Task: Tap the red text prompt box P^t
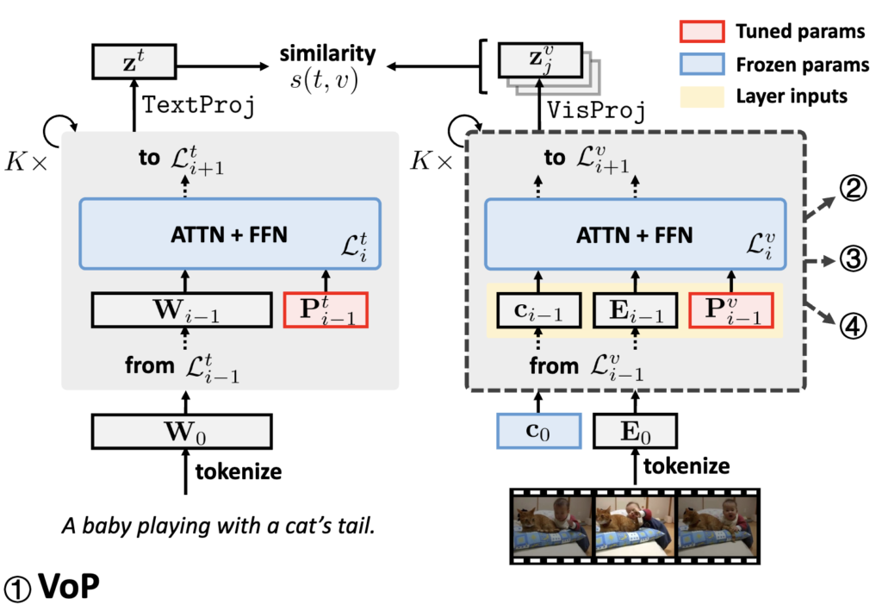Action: click(x=326, y=310)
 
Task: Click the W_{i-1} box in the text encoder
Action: click(x=180, y=310)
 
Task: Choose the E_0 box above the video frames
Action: click(x=635, y=429)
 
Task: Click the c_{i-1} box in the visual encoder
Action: click(x=537, y=310)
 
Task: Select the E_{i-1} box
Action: click(x=635, y=310)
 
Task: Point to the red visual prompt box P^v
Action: click(x=731, y=310)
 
